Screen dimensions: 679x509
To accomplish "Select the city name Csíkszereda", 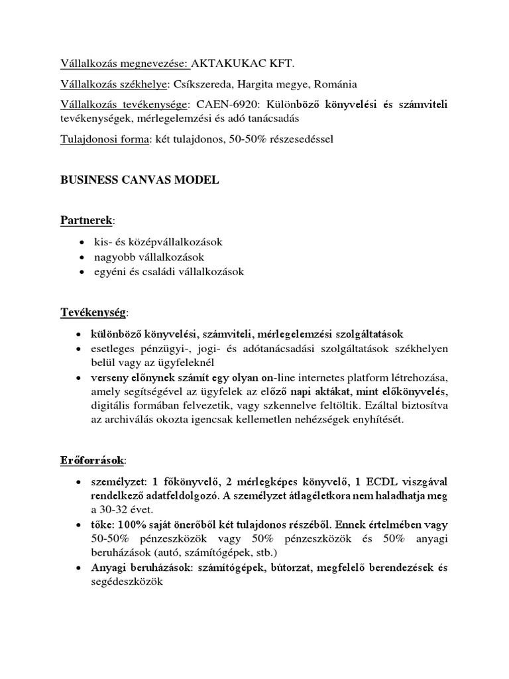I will [x=201, y=84].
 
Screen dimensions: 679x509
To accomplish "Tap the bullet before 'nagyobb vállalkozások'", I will [x=80, y=257].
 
